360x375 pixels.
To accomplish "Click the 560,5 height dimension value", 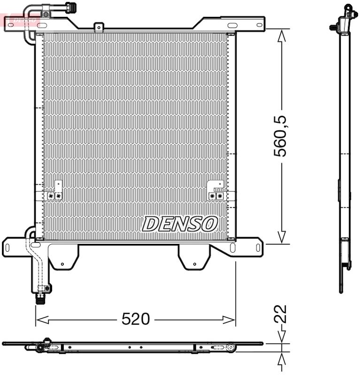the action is (x=280, y=136).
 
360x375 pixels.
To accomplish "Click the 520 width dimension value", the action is (x=136, y=319).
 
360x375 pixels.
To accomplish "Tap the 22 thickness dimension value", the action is (x=280, y=314).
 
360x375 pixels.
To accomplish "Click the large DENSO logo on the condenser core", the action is (x=180, y=224).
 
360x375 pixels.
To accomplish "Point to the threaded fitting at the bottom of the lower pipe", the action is (x=40, y=299).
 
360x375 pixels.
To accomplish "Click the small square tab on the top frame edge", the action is (x=99, y=27).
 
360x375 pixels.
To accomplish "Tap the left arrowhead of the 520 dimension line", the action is (x=42, y=320).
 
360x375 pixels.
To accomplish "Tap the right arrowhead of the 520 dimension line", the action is (x=229, y=320).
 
